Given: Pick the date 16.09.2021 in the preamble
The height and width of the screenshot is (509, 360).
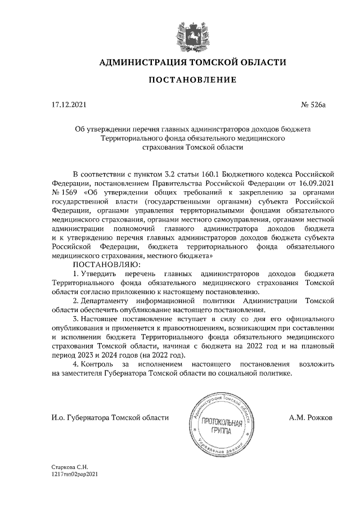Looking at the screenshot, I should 316,183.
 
